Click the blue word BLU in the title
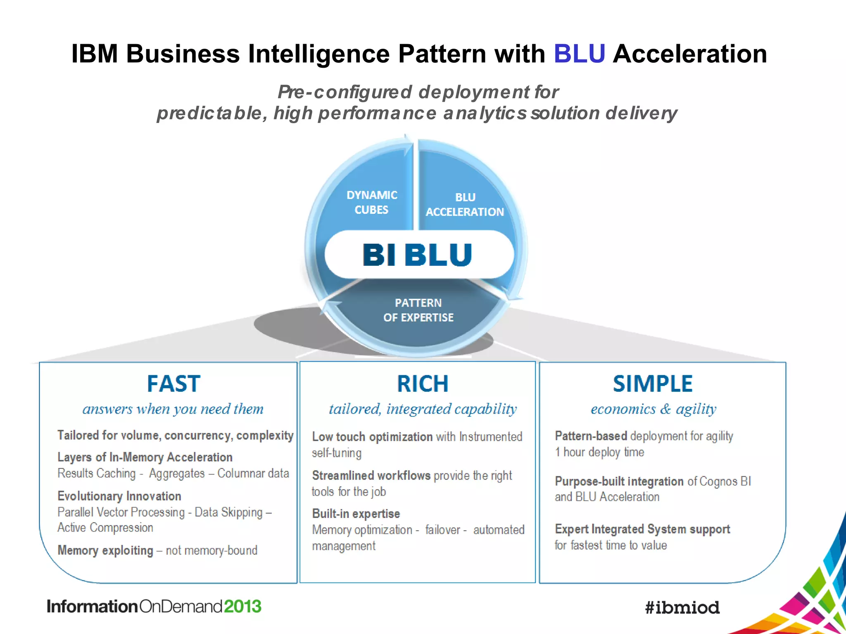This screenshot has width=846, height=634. click(579, 54)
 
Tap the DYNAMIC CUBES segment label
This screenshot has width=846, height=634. click(372, 202)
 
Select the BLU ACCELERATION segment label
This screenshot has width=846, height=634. click(465, 205)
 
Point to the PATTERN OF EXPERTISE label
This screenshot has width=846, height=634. click(418, 310)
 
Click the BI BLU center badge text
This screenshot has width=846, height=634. click(417, 254)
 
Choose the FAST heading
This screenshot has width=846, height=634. click(173, 383)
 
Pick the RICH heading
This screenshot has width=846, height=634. click(423, 383)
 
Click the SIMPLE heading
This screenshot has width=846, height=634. click(653, 383)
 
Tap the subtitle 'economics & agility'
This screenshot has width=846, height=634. click(653, 409)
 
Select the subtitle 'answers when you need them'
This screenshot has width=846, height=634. click(173, 409)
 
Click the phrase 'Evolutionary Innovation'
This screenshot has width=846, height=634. click(119, 496)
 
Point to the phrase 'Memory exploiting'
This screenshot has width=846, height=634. click(105, 550)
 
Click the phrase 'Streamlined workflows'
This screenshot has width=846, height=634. click(372, 475)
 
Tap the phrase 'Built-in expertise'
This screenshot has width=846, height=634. click(356, 513)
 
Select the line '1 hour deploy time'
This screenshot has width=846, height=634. click(599, 452)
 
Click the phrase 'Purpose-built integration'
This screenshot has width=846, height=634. click(619, 481)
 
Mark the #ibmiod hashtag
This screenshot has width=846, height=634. click(682, 607)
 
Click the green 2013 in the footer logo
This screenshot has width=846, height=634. click(242, 606)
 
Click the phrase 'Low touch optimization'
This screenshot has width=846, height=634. click(372, 437)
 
